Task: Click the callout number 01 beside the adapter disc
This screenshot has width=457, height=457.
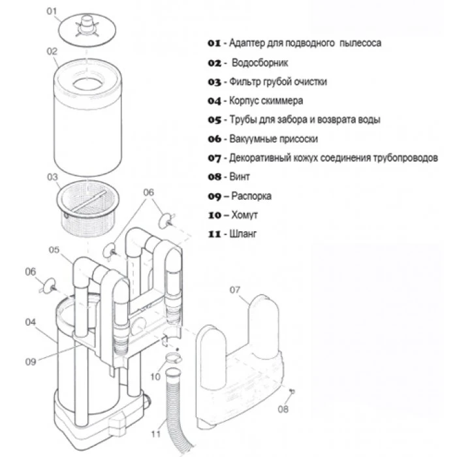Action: [x=52, y=11]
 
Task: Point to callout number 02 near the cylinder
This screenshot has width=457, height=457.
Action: [x=52, y=52]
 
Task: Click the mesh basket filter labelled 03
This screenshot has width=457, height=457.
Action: [x=87, y=208]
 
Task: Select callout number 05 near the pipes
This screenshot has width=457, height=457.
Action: [x=54, y=250]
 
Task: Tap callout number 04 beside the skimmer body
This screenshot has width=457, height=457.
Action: [x=31, y=322]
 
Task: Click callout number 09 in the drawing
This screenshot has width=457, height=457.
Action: [x=31, y=362]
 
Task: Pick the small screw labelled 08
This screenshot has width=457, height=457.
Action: [x=292, y=392]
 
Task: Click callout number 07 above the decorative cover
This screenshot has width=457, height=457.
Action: [x=235, y=290]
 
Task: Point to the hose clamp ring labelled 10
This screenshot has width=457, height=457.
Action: [x=174, y=358]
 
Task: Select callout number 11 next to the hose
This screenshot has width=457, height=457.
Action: [x=156, y=434]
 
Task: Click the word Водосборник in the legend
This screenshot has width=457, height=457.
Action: [x=260, y=63]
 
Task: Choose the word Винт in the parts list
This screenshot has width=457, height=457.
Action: [x=240, y=177]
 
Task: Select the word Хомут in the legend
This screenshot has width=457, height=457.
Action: [x=245, y=215]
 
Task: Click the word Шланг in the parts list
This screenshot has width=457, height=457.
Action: [x=243, y=234]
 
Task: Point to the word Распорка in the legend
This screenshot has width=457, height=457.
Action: [x=251, y=196]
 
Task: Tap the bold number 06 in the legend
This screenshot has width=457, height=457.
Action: [x=214, y=139]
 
